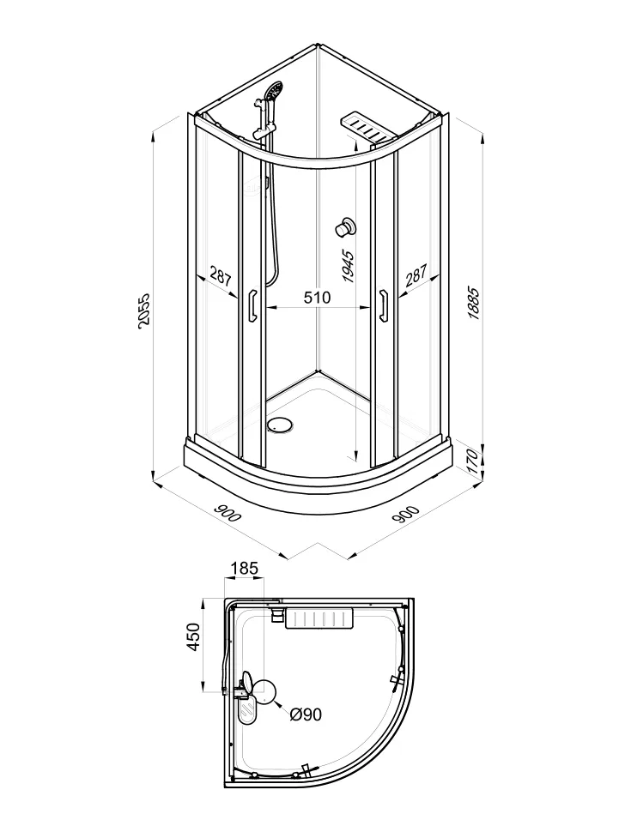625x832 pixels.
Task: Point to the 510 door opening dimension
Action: click(317, 297)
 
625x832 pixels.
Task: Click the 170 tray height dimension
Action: click(473, 457)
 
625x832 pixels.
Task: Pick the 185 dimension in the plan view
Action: click(244, 569)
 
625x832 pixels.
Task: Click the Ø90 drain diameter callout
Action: click(306, 714)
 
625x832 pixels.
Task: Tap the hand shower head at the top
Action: click(274, 90)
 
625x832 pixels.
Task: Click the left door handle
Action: click(252, 305)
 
